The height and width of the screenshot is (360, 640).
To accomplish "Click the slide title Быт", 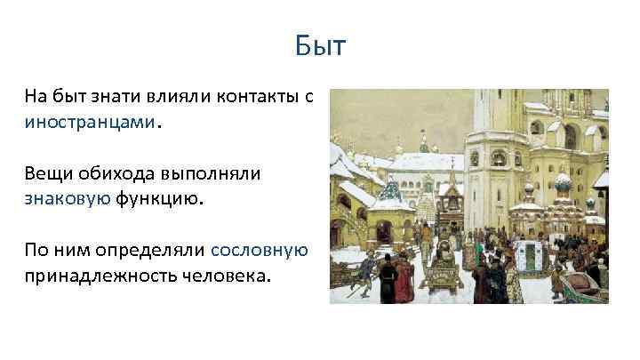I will (320, 45).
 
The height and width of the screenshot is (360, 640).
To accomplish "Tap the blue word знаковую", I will (68, 199).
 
